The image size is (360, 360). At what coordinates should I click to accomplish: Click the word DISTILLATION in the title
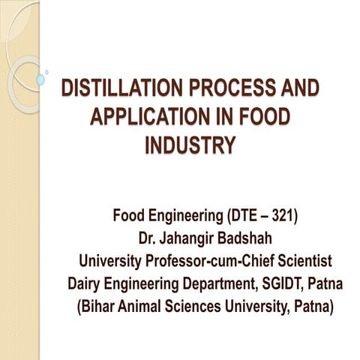[115, 88]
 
